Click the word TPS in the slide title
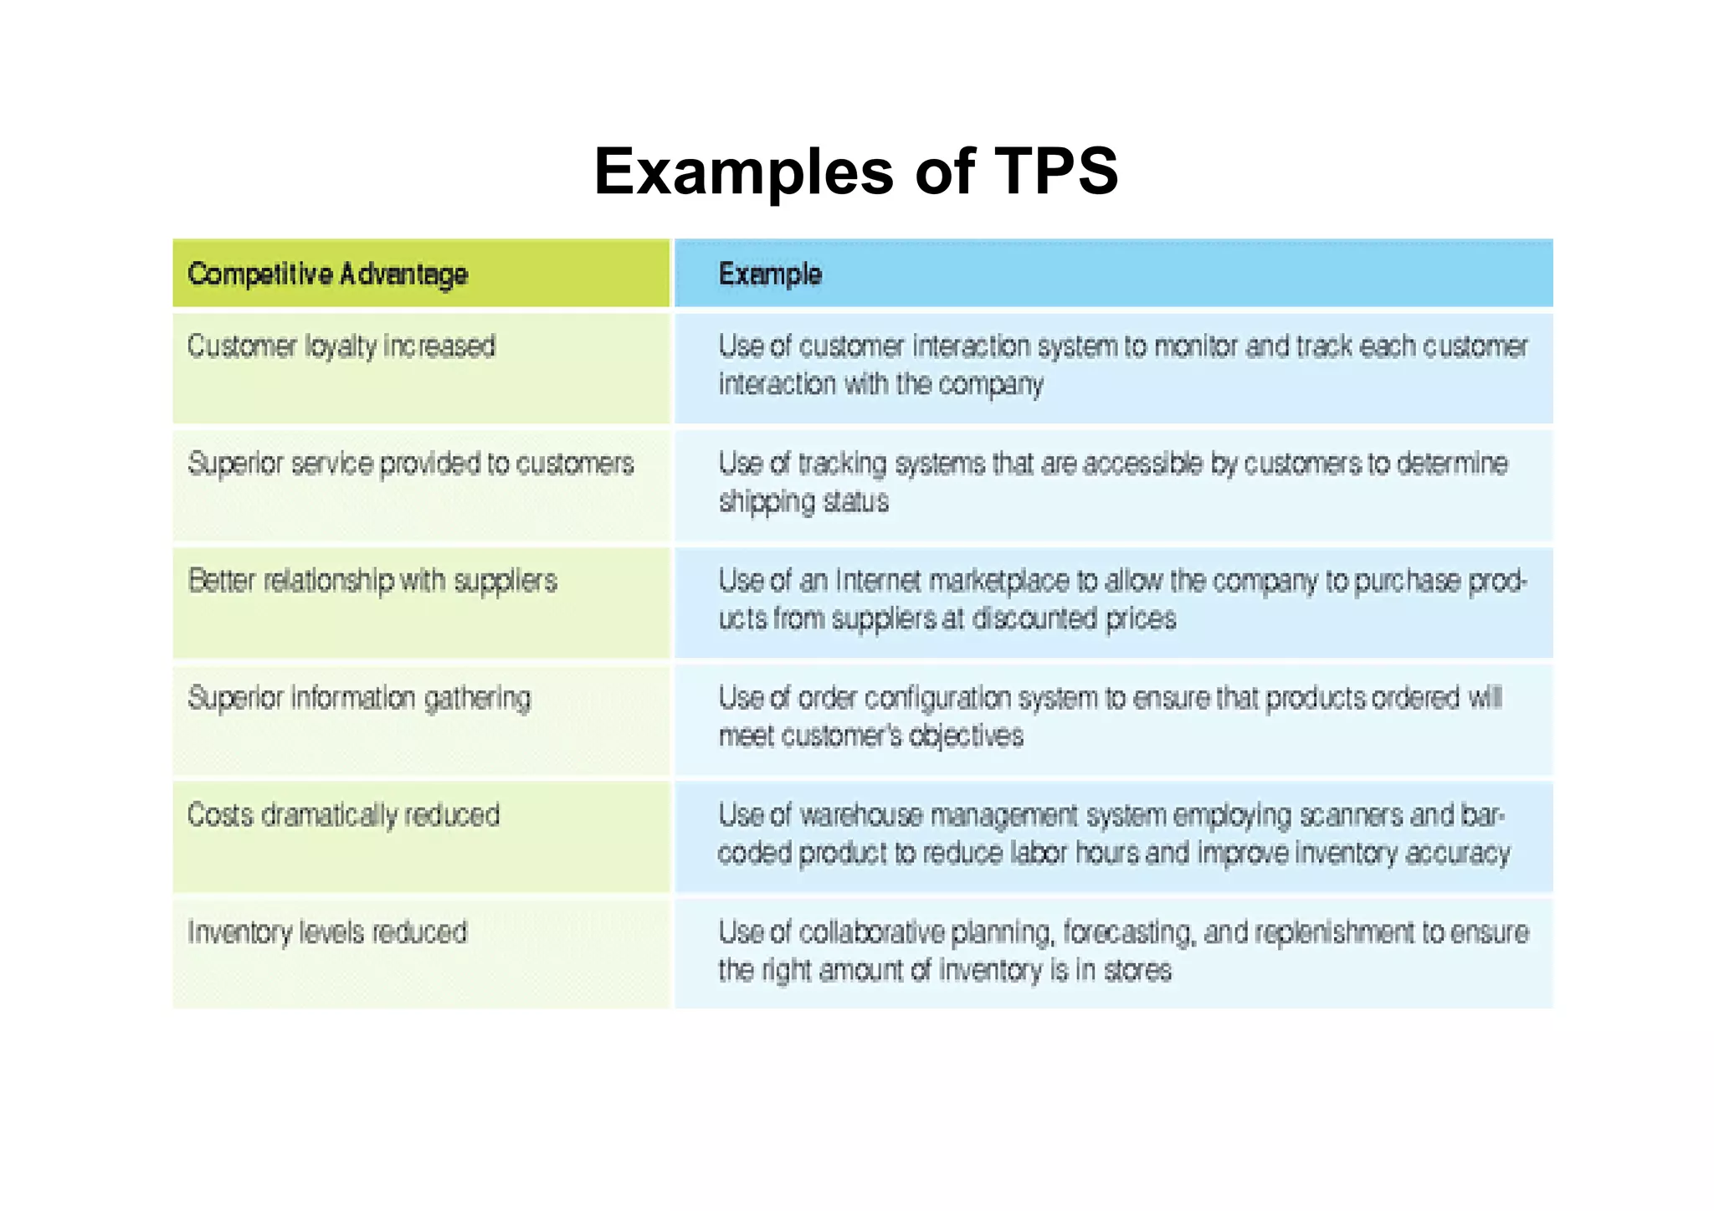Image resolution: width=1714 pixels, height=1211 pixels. (1055, 172)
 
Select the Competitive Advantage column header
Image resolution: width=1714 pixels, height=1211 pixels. (327, 274)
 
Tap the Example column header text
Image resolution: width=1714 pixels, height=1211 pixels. (770, 274)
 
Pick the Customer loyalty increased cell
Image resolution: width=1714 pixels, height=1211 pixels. (341, 346)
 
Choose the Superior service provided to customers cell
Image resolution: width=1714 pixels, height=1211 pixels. (411, 463)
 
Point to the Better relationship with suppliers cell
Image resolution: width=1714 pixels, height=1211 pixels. (372, 580)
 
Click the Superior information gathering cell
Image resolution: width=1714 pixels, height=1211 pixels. (359, 697)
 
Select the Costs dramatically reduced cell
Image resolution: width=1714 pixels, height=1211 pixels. (343, 814)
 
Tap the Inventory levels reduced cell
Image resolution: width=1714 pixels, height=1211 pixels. (327, 931)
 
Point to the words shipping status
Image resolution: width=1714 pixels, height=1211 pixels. (803, 501)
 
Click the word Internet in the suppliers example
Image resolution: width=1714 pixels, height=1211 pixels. (878, 580)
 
